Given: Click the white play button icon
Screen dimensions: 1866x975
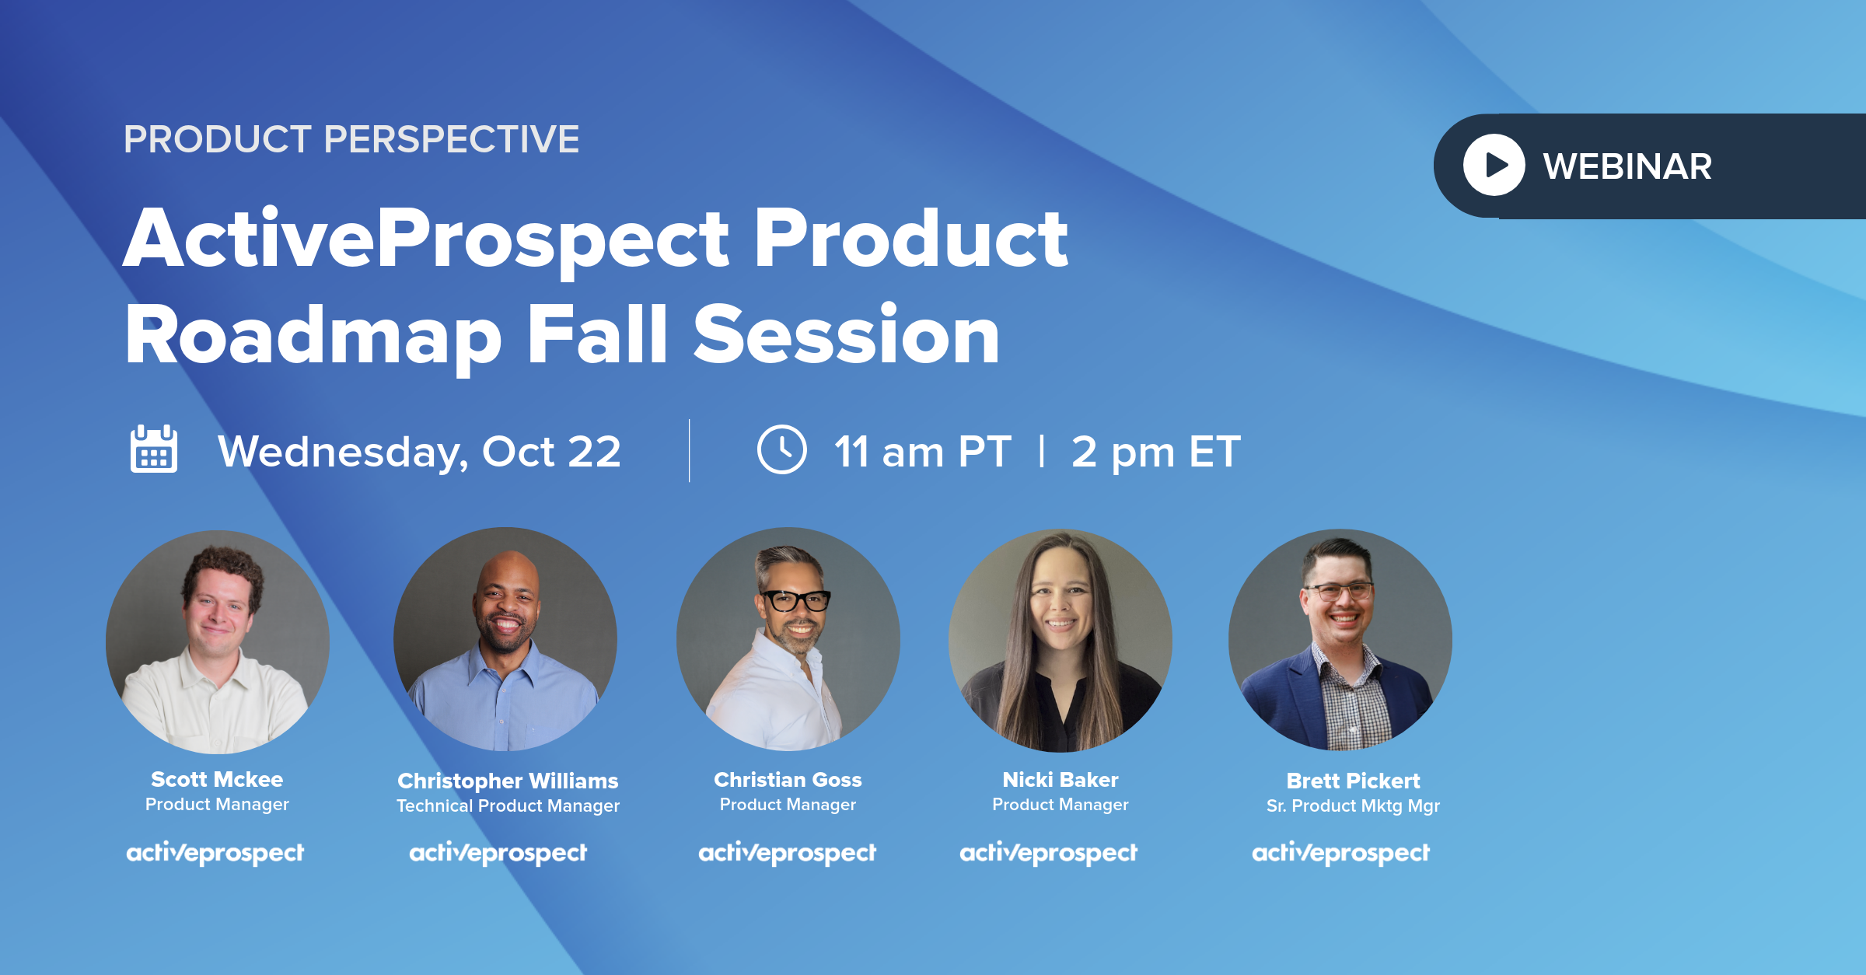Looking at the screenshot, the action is pyautogui.click(x=1494, y=165).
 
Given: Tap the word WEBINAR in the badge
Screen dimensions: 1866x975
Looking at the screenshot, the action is pyautogui.click(x=1627, y=166).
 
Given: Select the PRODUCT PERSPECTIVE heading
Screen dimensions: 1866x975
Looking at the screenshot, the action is pyautogui.click(x=351, y=139).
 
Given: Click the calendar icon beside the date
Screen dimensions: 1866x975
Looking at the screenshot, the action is pyautogui.click(x=154, y=449).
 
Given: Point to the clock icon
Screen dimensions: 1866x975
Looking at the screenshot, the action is pyautogui.click(x=781, y=449).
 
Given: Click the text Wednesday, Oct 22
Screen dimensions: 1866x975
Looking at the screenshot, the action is pyautogui.click(x=419, y=452).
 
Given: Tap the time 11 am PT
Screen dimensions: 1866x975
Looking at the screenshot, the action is pyautogui.click(x=923, y=452).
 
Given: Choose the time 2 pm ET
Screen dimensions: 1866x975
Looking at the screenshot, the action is pyautogui.click(x=1155, y=453).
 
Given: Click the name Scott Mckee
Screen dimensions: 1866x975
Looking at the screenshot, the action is pyautogui.click(x=217, y=779).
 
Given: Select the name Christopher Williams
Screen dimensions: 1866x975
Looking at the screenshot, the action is pyautogui.click(x=508, y=781).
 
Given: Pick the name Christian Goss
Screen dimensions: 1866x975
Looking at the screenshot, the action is pyautogui.click(x=788, y=779).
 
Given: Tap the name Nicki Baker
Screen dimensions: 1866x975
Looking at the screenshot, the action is pyautogui.click(x=1061, y=779).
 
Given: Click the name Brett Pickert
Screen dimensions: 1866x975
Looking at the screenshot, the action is pyautogui.click(x=1353, y=781).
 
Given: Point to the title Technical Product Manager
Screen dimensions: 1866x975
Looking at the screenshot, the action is pyautogui.click(x=508, y=806).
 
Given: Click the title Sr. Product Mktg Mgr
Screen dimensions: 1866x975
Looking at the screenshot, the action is pyautogui.click(x=1353, y=806).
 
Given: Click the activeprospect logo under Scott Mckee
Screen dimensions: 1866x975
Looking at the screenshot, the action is pyautogui.click(x=215, y=853).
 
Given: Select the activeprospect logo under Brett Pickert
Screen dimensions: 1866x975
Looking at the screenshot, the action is pyautogui.click(x=1340, y=853).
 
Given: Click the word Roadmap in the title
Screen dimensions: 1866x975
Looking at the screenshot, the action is pyautogui.click(x=313, y=336).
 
